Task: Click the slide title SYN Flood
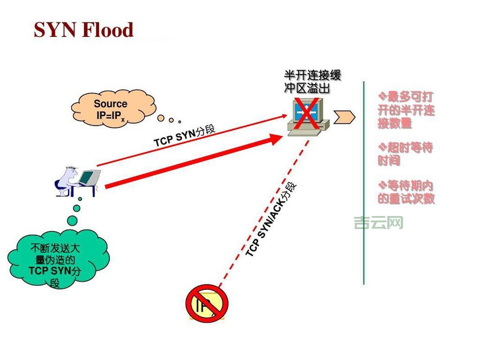pos(84,30)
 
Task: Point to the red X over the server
pos(306,112)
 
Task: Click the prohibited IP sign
pos(207,303)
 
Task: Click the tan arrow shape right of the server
pos(344,117)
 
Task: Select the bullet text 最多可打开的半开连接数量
pos(406,110)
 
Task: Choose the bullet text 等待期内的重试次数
pos(406,192)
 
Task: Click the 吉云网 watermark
pos(378,222)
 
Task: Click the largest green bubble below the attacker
pos(73,220)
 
